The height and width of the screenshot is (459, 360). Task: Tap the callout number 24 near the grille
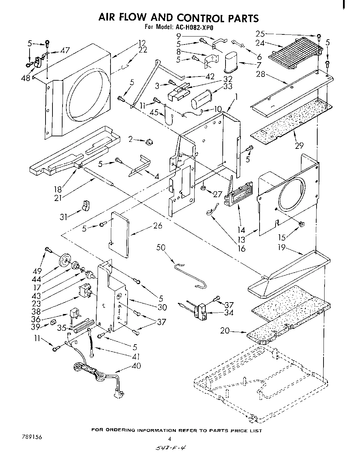pos(260,43)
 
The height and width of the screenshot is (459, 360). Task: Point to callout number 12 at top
pos(141,43)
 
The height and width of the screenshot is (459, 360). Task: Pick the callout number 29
pos(299,145)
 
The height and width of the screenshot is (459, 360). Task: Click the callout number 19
pos(281,248)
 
